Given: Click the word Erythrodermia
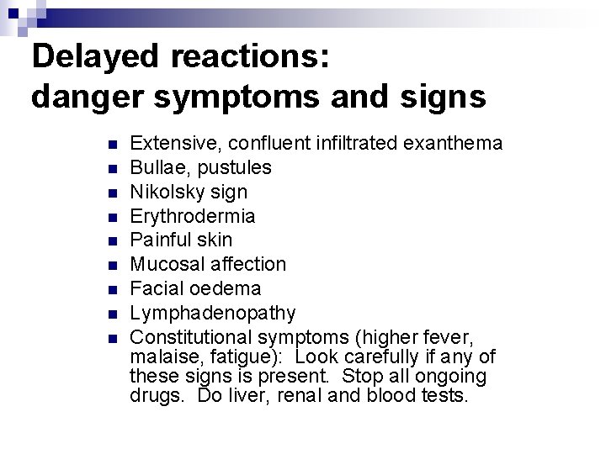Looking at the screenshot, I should coord(193,216).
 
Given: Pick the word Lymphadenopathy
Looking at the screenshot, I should coord(213,313).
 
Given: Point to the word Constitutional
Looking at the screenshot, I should coord(190,337).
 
